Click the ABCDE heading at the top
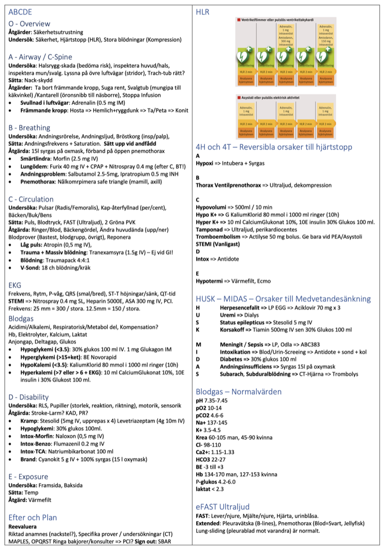20,12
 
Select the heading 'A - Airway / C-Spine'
41,57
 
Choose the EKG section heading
15,285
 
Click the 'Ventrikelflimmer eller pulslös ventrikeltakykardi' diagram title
278,20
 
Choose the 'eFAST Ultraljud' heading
223,506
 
